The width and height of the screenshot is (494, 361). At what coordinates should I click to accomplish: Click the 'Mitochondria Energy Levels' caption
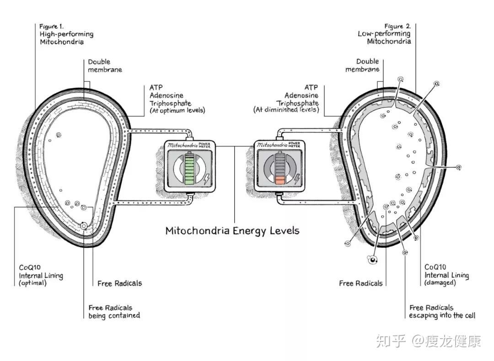pyautogui.click(x=232, y=230)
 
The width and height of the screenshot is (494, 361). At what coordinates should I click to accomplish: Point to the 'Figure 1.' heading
pyautogui.click(x=51, y=26)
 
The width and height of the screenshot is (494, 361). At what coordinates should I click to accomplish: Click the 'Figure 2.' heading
pyautogui.click(x=397, y=26)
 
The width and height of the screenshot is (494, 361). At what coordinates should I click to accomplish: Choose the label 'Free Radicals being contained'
pyautogui.click(x=114, y=312)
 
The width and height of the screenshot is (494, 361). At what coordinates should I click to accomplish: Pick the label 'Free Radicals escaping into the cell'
pyautogui.click(x=442, y=312)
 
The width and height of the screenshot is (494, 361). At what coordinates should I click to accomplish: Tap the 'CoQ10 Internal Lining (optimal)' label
pyautogui.click(x=41, y=275)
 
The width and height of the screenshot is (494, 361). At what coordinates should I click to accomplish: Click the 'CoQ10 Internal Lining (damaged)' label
pyautogui.click(x=446, y=275)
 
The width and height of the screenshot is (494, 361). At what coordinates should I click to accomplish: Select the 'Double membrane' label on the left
pyautogui.click(x=105, y=66)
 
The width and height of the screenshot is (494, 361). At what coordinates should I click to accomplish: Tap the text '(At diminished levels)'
pyautogui.click(x=286, y=110)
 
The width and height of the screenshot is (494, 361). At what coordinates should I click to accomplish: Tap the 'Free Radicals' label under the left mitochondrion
pyautogui.click(x=120, y=283)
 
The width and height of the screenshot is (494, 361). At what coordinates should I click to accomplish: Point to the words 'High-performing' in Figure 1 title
pyautogui.click(x=66, y=34)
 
